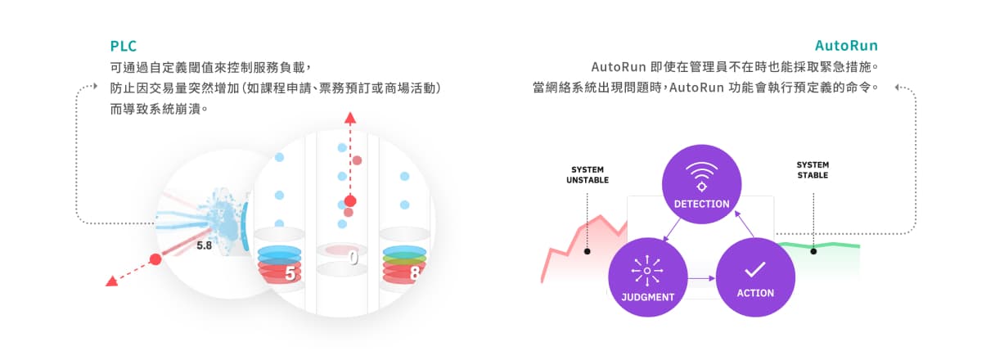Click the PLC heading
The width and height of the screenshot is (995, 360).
click(123, 46)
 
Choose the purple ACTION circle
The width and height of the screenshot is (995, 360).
click(754, 277)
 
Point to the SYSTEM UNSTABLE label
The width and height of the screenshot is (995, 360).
click(587, 174)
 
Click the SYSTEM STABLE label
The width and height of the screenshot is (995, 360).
click(813, 170)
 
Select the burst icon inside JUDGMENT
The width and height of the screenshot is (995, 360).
click(647, 269)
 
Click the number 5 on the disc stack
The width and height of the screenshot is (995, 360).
click(290, 273)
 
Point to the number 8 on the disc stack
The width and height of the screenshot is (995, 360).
click(414, 273)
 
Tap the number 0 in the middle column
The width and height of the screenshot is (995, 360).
click(353, 258)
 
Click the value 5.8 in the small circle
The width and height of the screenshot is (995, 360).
click(205, 244)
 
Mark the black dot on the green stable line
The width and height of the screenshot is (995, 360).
click(813, 251)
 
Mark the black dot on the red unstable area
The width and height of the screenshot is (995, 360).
click(587, 251)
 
